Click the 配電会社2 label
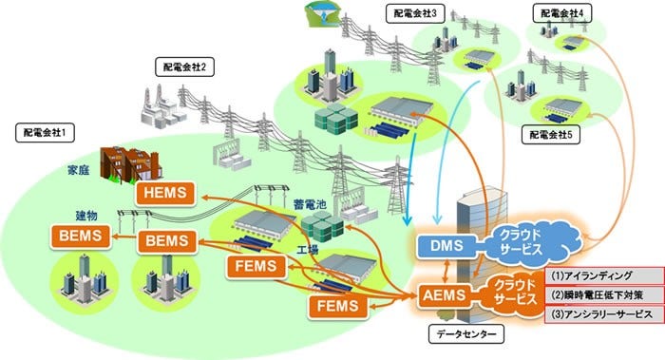(181, 66)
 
